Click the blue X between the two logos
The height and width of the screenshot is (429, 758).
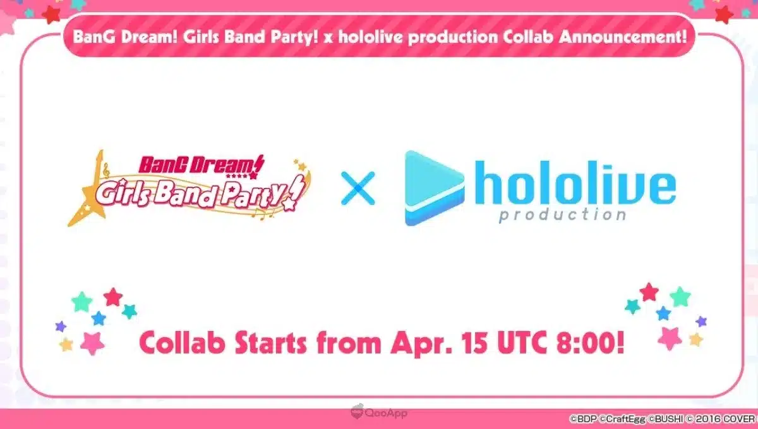358,189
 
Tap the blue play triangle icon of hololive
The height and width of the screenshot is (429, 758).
434,189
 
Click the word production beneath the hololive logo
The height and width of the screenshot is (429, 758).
562,215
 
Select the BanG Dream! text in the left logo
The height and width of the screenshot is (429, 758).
201,165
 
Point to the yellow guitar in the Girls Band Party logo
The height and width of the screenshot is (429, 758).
87,193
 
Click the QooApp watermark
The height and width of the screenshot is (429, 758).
379,413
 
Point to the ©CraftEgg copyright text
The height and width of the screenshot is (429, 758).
622,419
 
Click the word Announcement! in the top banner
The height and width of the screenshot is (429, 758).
623,37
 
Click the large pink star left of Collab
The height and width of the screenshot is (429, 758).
92,343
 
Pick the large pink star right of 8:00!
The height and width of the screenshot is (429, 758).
670,338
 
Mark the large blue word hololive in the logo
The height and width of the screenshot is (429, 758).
575,182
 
